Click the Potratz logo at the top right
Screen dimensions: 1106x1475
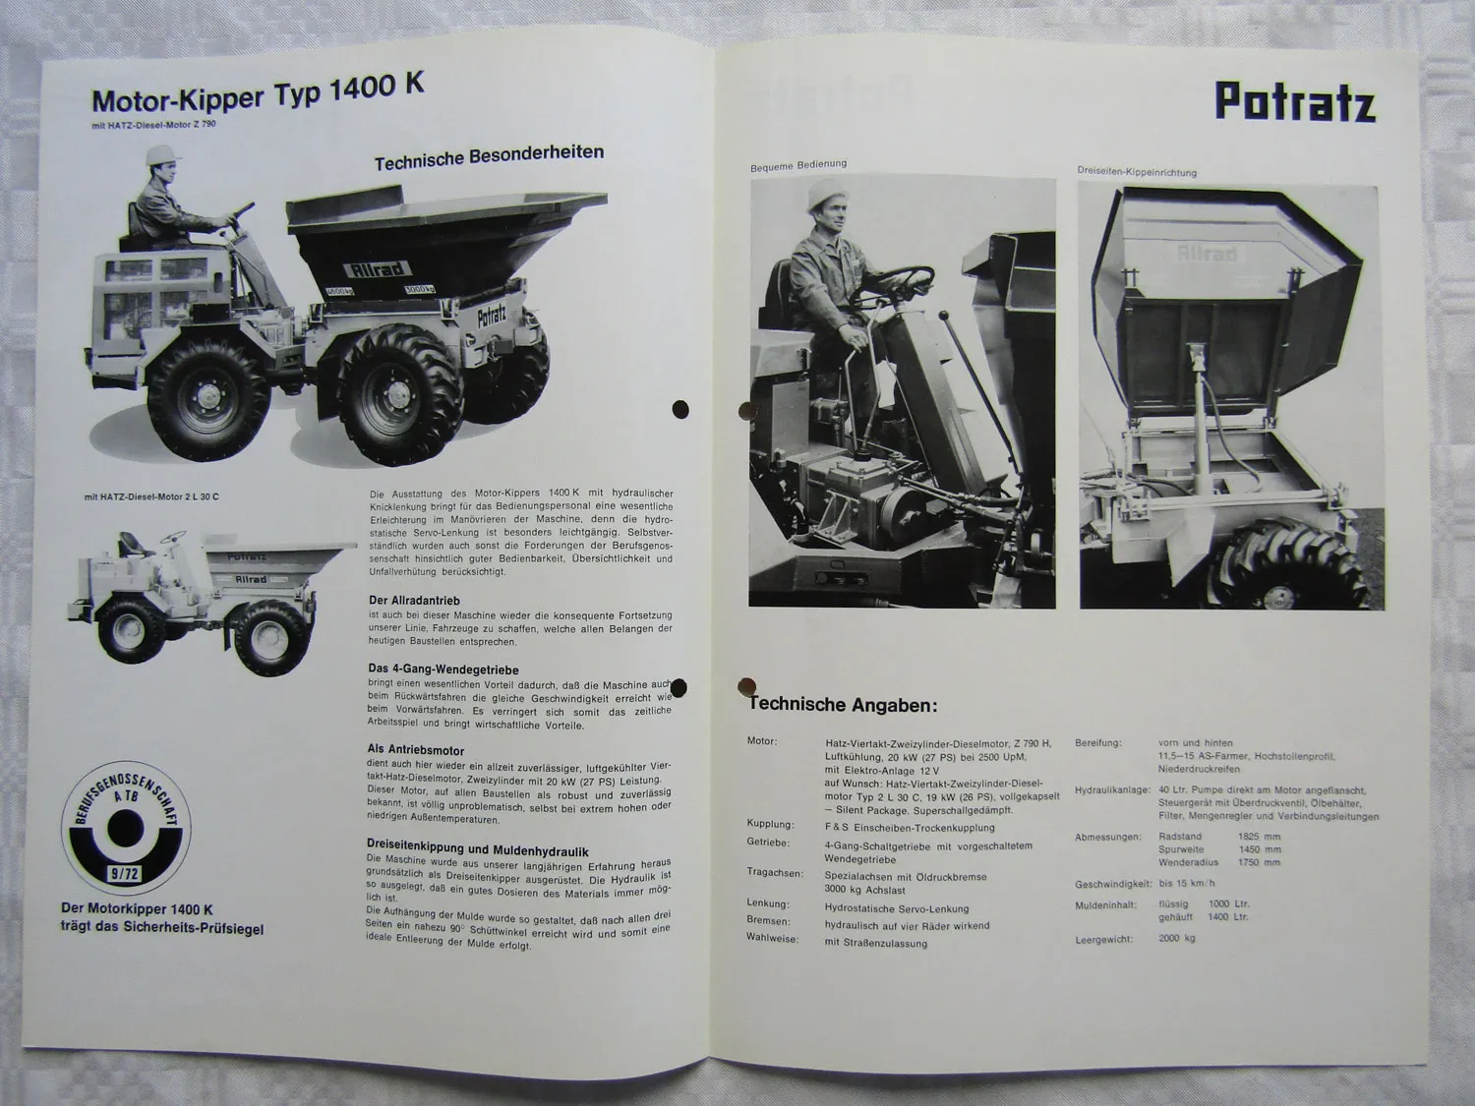1294,102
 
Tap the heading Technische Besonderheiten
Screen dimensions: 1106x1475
489,156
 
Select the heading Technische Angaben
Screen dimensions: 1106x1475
843,705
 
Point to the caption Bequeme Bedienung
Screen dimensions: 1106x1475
797,165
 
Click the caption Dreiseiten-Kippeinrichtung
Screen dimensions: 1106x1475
1136,172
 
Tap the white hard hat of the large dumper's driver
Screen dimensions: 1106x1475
159,155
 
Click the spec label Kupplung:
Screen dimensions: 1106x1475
770,825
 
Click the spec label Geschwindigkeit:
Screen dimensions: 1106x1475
1111,884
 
